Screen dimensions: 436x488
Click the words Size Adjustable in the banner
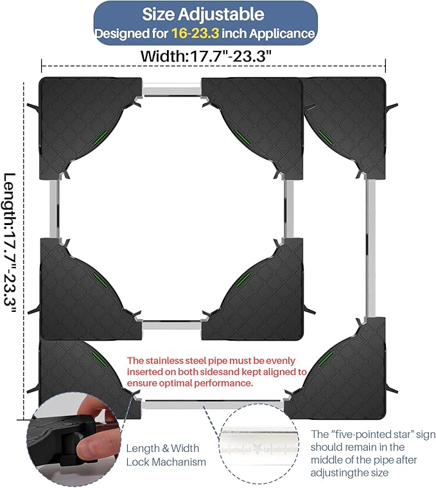[204, 14]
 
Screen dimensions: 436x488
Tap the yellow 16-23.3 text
[195, 33]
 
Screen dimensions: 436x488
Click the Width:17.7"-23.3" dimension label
[206, 57]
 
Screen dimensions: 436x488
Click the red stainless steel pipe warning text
[216, 372]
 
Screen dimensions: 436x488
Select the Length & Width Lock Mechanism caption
[166, 455]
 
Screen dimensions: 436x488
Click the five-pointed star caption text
[373, 453]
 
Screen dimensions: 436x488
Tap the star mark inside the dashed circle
[257, 449]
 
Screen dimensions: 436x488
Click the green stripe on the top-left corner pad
[100, 138]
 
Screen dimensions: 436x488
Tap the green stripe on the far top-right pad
[325, 138]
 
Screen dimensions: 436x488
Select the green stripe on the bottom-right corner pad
[325, 361]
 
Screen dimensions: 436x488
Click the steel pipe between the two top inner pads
[171, 88]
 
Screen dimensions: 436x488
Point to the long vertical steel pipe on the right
[370, 248]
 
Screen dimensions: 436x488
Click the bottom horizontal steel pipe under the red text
[213, 404]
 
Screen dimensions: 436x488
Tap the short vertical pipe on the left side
[54, 209]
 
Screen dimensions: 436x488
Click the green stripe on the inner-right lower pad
[243, 280]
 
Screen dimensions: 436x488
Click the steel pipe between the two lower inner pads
[171, 326]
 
